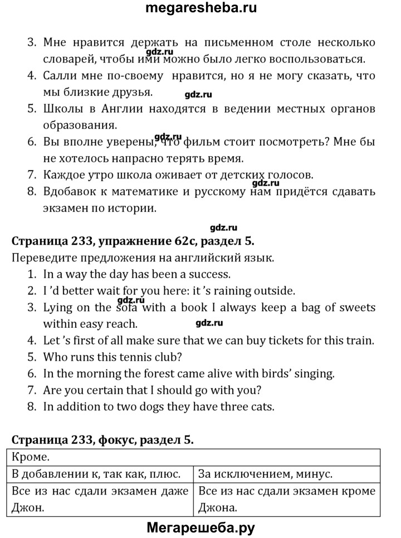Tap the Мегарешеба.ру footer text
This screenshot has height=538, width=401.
tap(200, 527)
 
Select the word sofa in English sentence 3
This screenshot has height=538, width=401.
tap(129, 307)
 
